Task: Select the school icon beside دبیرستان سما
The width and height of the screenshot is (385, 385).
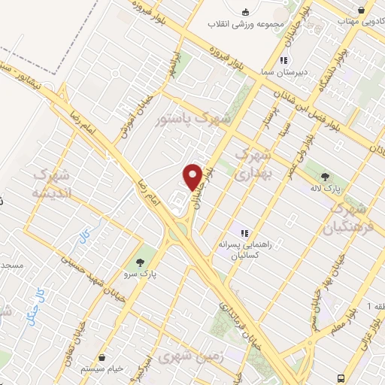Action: point(283,60)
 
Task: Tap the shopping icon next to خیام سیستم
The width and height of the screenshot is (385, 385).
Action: point(102,359)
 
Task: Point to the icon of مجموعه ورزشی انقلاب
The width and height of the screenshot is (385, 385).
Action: point(246,11)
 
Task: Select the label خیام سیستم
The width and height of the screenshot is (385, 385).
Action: point(102,371)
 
